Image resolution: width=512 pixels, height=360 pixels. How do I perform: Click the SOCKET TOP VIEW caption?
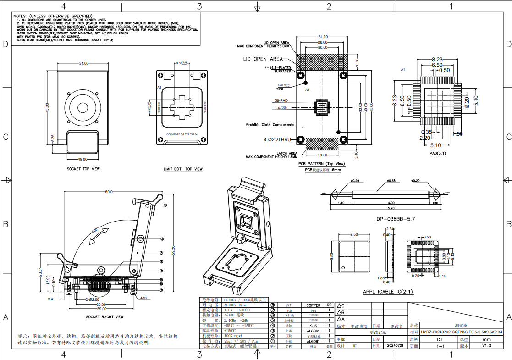[83, 169]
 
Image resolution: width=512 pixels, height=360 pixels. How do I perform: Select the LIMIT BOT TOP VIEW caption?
[183, 169]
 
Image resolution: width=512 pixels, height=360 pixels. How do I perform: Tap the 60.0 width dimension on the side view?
[109, 192]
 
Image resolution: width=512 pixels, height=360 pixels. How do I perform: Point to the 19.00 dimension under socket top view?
[83, 159]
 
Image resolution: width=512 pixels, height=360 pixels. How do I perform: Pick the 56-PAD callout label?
[281, 100]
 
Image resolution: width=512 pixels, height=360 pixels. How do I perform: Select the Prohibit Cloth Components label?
[270, 125]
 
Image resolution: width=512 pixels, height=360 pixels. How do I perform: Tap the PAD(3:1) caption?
[437, 153]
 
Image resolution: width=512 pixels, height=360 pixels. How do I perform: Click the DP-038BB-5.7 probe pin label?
[395, 219]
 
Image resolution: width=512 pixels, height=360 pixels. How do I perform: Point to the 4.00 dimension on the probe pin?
[391, 203]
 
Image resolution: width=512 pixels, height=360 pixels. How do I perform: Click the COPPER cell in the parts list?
[314, 305]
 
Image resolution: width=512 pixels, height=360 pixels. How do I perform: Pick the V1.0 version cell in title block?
[486, 346]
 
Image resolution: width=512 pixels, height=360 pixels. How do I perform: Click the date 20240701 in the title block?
[395, 345]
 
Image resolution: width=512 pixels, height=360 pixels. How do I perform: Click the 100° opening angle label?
[95, 229]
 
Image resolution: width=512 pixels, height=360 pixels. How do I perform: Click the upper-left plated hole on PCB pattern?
[301, 75]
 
